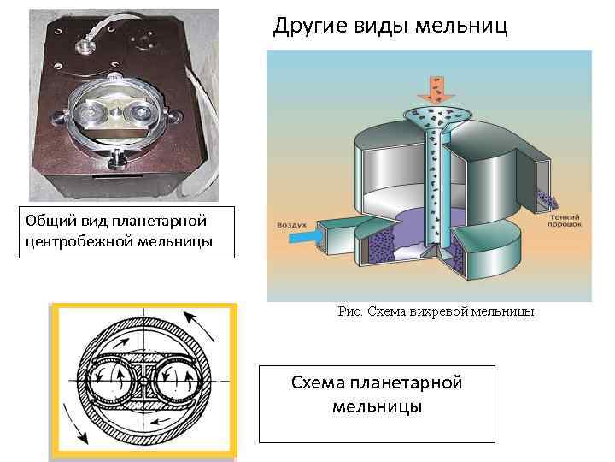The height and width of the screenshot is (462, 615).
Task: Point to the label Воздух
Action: point(292,225)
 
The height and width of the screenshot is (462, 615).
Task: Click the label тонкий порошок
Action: point(567,222)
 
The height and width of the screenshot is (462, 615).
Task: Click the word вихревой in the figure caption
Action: point(441,312)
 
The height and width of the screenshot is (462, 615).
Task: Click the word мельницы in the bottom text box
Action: point(377,406)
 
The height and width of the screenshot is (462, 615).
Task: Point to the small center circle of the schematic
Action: point(143,381)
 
